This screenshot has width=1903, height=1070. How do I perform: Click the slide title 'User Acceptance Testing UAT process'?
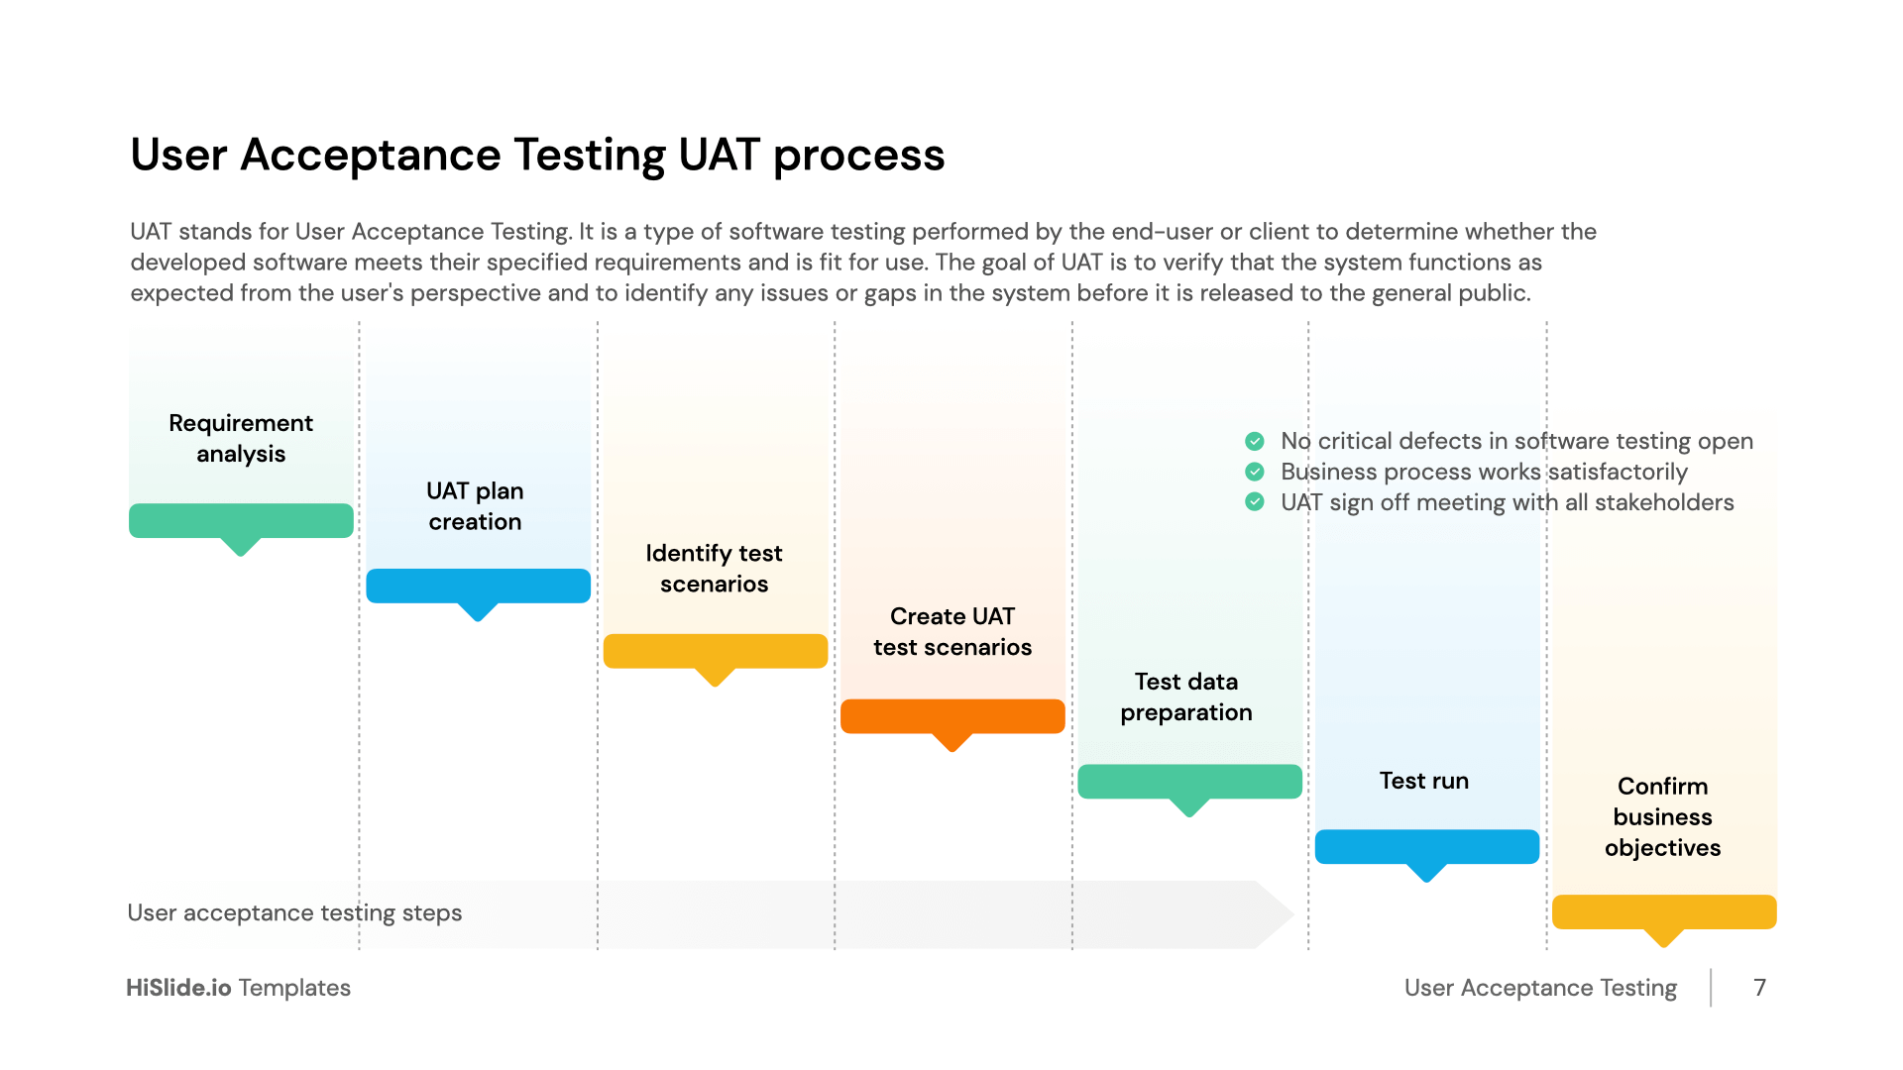pyautogui.click(x=537, y=156)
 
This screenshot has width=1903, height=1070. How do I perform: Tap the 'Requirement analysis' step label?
pyautogui.click(x=241, y=438)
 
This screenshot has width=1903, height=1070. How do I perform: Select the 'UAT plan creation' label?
pyautogui.click(x=475, y=506)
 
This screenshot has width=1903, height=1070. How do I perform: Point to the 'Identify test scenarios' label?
pyautogui.click(x=714, y=569)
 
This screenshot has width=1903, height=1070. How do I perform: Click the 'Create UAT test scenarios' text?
pyautogui.click(x=951, y=631)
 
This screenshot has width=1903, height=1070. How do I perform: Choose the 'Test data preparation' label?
pyautogui.click(x=1186, y=696)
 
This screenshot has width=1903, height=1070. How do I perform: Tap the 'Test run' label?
pyautogui.click(x=1423, y=781)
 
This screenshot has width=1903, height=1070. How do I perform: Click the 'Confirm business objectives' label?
pyautogui.click(x=1662, y=816)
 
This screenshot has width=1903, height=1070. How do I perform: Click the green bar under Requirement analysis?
pyautogui.click(x=241, y=521)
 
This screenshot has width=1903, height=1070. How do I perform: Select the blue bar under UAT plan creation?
pyautogui.click(x=478, y=586)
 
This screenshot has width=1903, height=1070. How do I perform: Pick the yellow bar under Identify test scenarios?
pyautogui.click(x=715, y=651)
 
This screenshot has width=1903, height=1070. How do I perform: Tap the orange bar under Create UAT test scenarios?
pyautogui.click(x=951, y=716)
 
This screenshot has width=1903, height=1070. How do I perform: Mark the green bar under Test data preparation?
pyautogui.click(x=1189, y=782)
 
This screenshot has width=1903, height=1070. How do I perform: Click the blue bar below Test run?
pyautogui.click(x=1426, y=847)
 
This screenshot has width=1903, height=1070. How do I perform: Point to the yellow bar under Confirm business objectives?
pyautogui.click(x=1663, y=911)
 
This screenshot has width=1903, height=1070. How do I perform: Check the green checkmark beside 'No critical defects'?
pyautogui.click(x=1255, y=441)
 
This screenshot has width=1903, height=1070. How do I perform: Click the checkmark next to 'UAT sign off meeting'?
pyautogui.click(x=1255, y=502)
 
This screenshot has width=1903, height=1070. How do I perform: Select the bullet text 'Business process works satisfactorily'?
pyautogui.click(x=1484, y=472)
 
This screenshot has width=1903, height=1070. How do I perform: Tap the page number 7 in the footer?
pyautogui.click(x=1759, y=988)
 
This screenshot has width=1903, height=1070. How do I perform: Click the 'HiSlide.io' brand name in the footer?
pyautogui.click(x=178, y=988)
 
